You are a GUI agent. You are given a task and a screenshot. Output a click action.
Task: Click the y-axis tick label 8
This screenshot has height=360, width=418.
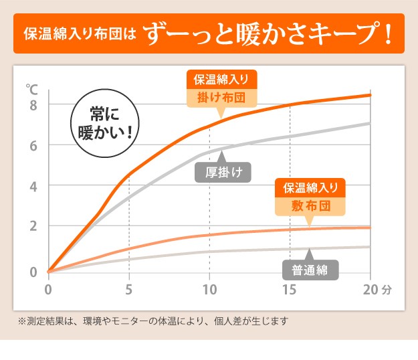pyautogui.click(x=33, y=105)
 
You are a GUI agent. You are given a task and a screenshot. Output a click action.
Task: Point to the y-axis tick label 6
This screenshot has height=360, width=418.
pyautogui.click(x=33, y=145)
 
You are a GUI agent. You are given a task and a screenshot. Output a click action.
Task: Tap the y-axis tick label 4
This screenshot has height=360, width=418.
pyautogui.click(x=33, y=185)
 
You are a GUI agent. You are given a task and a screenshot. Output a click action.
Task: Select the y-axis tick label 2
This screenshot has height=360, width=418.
pyautogui.click(x=33, y=226)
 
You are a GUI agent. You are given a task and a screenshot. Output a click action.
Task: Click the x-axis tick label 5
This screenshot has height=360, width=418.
pyautogui.click(x=128, y=290)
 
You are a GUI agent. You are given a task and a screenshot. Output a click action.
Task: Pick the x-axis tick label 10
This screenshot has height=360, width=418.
pyautogui.click(x=209, y=290)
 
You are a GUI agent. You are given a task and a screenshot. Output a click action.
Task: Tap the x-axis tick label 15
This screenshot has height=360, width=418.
pyautogui.click(x=290, y=290)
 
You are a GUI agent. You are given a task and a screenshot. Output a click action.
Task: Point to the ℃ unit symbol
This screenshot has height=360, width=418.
pyautogui.click(x=32, y=88)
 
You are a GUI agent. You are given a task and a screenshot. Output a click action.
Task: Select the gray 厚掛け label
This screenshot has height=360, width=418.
pyautogui.click(x=223, y=173)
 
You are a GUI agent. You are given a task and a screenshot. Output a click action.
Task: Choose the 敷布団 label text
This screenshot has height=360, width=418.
pyautogui.click(x=310, y=205)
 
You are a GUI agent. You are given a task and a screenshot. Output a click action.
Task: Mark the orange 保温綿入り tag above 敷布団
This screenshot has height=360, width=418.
pyautogui.click(x=310, y=187)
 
